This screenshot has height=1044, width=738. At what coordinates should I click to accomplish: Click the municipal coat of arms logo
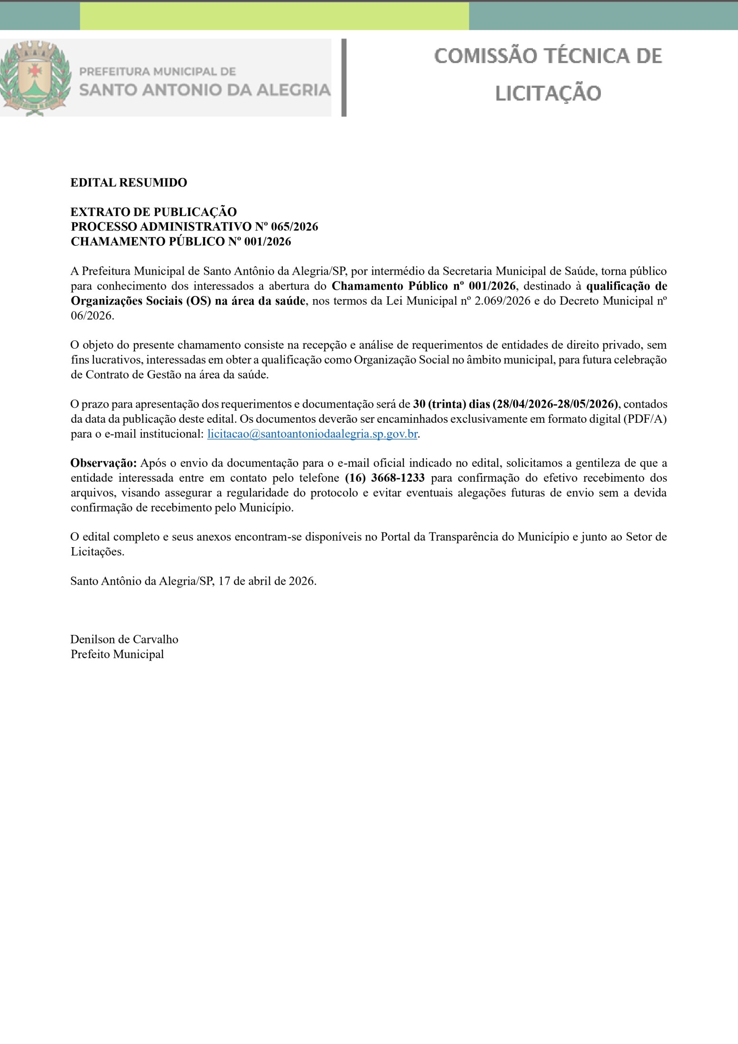click(36, 77)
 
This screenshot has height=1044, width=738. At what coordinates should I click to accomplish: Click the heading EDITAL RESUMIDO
click(129, 183)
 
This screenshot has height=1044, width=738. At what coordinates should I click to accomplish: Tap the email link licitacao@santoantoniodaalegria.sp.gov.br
click(312, 434)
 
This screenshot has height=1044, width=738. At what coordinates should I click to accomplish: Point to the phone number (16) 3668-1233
click(385, 478)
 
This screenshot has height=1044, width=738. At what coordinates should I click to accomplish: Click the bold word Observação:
click(103, 463)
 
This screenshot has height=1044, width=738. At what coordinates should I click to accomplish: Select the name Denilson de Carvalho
click(124, 639)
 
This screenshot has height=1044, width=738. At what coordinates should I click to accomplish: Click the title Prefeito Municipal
click(117, 654)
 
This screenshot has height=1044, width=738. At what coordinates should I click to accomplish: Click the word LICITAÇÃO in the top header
click(548, 93)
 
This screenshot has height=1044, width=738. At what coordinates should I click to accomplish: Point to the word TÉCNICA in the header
click(584, 56)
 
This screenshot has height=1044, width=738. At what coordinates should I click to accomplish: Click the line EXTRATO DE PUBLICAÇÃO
click(154, 212)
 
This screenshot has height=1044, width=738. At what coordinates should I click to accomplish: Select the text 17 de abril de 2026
click(267, 581)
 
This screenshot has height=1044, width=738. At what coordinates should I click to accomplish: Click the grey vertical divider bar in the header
click(344, 77)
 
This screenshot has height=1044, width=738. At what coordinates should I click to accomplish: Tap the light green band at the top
click(274, 16)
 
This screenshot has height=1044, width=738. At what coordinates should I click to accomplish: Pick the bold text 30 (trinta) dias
click(451, 404)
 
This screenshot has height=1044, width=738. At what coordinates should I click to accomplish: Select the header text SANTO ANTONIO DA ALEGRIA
click(205, 90)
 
